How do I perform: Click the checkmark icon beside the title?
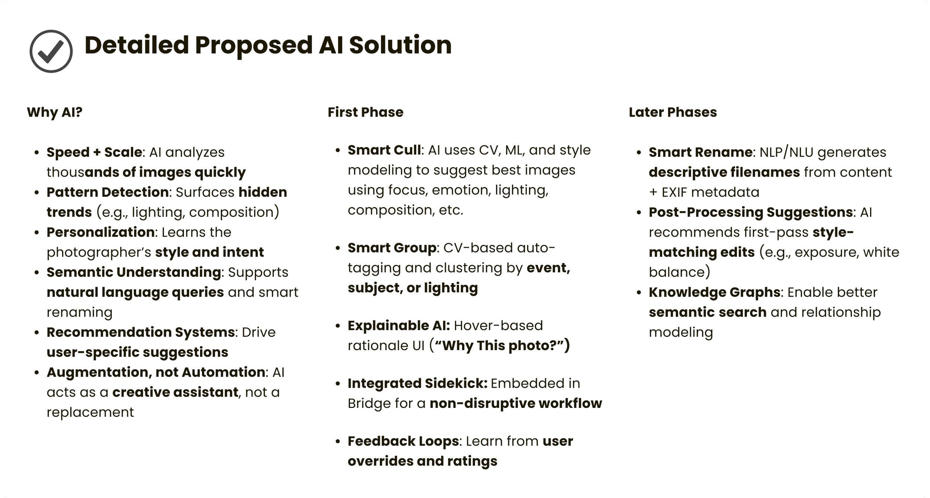[x=51, y=51]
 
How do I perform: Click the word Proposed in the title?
[x=253, y=45]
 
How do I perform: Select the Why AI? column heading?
[x=54, y=112]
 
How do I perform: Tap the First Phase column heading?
[x=365, y=112]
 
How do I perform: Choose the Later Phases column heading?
[x=673, y=112]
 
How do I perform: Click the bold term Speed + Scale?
[x=94, y=152]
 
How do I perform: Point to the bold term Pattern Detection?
[x=108, y=192]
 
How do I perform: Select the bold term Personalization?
[x=100, y=232]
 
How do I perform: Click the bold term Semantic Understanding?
[x=134, y=272]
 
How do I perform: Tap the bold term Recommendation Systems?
[x=141, y=332]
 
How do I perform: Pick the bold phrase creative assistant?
[x=175, y=392]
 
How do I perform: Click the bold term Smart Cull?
[x=384, y=150]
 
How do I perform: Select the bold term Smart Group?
[x=392, y=248]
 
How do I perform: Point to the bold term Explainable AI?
[x=399, y=326]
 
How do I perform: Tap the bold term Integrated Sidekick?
[x=417, y=383]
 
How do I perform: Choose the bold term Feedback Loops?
[x=403, y=441]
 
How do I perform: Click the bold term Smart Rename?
[x=700, y=152]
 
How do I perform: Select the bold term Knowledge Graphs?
[x=714, y=292]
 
